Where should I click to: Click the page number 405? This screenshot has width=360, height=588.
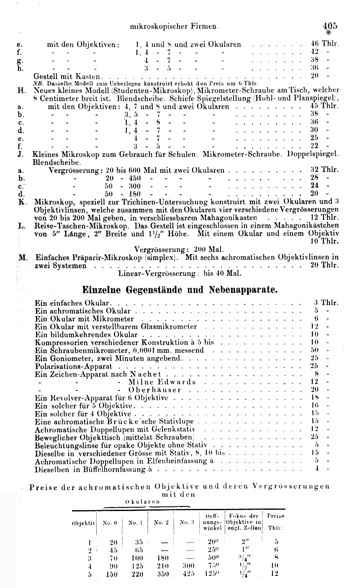329,25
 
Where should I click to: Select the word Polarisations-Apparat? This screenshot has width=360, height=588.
68,366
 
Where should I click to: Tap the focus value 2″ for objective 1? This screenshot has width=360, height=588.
242,542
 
